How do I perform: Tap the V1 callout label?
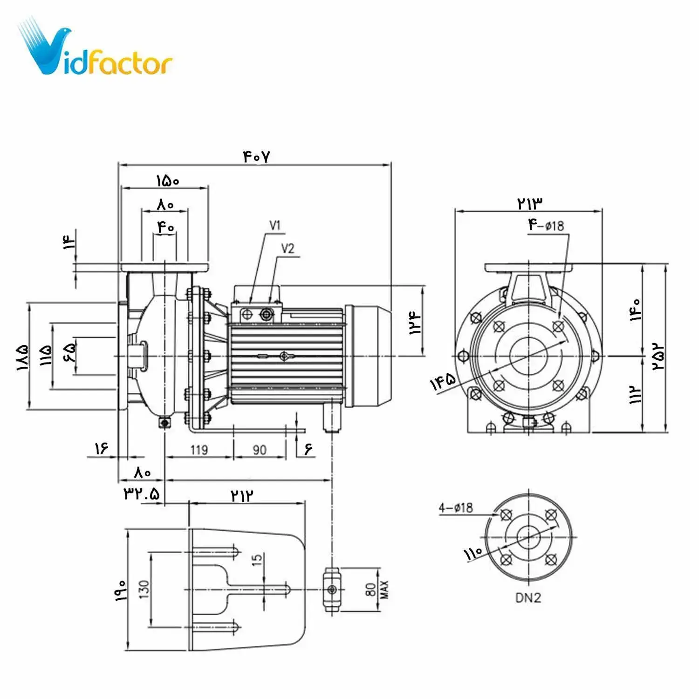pos(275,226)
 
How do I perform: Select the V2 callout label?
pos(288,249)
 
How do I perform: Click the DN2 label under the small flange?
pos(528,598)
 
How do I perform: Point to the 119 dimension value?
pos(199,450)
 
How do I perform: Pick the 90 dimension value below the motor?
pos(260,450)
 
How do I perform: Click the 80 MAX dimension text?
pos(376,589)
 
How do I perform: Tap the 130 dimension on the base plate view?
pos(144,589)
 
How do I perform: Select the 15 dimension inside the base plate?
pos(257,560)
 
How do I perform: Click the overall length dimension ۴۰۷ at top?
pos(256,157)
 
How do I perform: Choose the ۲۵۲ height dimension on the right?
pos(658,356)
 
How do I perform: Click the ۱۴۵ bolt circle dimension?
pos(443,382)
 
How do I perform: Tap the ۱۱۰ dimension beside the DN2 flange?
pos(473,554)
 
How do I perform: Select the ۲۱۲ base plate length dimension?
pos(243,495)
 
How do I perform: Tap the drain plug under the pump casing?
pos(164,423)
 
